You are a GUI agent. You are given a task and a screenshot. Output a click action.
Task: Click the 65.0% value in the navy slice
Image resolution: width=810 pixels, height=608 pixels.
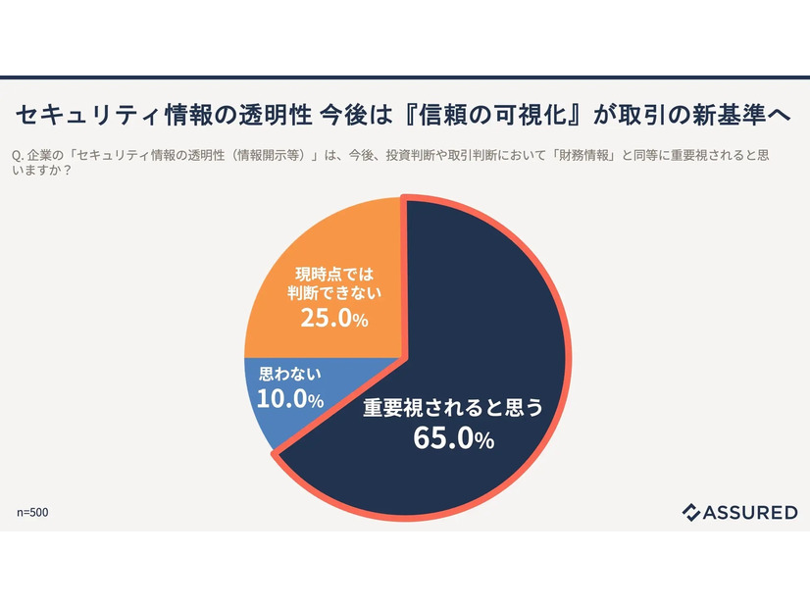(453, 439)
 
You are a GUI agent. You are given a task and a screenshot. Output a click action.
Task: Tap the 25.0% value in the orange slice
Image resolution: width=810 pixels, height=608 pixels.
(334, 319)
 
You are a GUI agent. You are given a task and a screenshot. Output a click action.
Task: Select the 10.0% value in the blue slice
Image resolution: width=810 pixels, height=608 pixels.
(290, 399)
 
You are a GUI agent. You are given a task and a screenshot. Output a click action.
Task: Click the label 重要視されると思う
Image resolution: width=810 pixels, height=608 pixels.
(452, 407)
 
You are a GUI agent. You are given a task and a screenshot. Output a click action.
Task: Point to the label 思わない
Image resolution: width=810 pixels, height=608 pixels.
(284, 375)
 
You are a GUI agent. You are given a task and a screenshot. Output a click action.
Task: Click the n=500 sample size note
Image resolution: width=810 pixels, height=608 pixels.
(32, 512)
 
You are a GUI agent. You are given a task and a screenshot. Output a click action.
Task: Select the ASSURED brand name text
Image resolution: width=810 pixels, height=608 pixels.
(749, 512)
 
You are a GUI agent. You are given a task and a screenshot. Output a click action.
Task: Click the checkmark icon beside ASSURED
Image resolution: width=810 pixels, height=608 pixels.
(691, 512)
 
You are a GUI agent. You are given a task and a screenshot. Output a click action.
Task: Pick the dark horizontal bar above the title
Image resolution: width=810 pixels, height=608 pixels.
(405, 77)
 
